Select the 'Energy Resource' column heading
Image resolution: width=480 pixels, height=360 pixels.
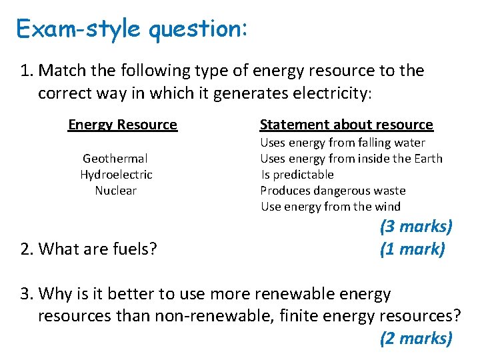123,125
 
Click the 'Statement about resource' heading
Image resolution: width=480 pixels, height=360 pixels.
346,125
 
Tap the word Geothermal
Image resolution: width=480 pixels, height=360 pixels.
115,159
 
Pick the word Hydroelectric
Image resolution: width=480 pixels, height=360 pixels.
116,175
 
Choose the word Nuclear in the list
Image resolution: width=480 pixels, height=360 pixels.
116,191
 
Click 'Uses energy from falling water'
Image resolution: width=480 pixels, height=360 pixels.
343,143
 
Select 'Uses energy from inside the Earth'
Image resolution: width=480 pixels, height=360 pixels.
351,159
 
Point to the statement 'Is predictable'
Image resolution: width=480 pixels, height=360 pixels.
297,175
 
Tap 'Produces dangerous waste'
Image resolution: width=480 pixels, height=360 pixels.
333,191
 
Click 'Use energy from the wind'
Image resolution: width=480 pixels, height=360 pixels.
331,207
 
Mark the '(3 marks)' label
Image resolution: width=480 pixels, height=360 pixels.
416,227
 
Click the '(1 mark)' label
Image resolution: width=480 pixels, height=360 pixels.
412,249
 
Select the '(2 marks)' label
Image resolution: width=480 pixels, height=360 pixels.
416,339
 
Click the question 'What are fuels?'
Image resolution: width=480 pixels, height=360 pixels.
97,249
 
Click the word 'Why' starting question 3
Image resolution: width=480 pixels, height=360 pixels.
55,293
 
